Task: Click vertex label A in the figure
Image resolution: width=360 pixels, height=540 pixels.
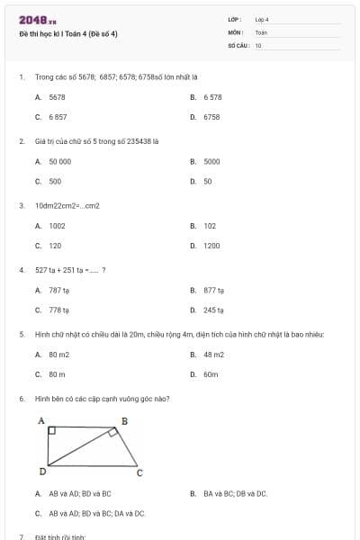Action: point(40,420)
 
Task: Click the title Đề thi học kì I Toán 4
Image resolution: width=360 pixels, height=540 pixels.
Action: point(68,34)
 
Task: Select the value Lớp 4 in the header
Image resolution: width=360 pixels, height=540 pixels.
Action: point(262,19)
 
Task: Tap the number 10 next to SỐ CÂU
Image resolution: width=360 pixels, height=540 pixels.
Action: point(258,45)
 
